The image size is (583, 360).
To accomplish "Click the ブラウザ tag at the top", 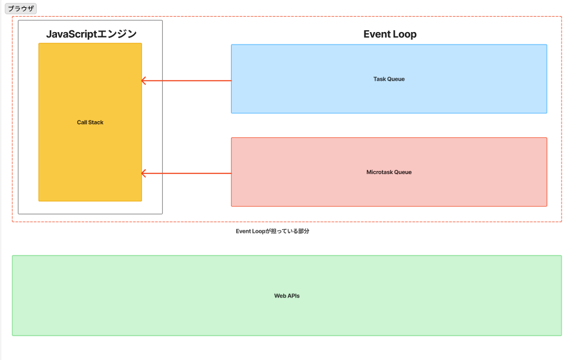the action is tap(21, 8).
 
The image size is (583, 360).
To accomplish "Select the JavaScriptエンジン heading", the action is tap(91, 34).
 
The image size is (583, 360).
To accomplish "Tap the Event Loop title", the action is tap(390, 34).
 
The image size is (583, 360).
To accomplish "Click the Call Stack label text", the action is tap(90, 122).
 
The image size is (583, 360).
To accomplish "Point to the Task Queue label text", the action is tap(389, 79).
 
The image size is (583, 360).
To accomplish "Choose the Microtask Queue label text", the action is tap(389, 172).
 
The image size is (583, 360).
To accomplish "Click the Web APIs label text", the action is tap(287, 296).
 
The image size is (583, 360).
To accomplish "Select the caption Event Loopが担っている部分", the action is tap(273, 231).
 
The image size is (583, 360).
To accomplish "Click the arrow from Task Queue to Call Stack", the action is tap(186, 81).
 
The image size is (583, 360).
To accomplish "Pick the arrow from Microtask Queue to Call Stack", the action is tap(186, 173).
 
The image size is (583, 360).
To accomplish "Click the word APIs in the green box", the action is tap(293, 296).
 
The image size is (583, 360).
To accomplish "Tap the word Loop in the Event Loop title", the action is tap(404, 34).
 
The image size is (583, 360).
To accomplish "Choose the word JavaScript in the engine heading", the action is tap(71, 34).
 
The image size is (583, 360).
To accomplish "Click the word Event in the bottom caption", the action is tap(243, 231).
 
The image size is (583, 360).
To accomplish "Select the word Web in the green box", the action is tap(280, 296).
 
